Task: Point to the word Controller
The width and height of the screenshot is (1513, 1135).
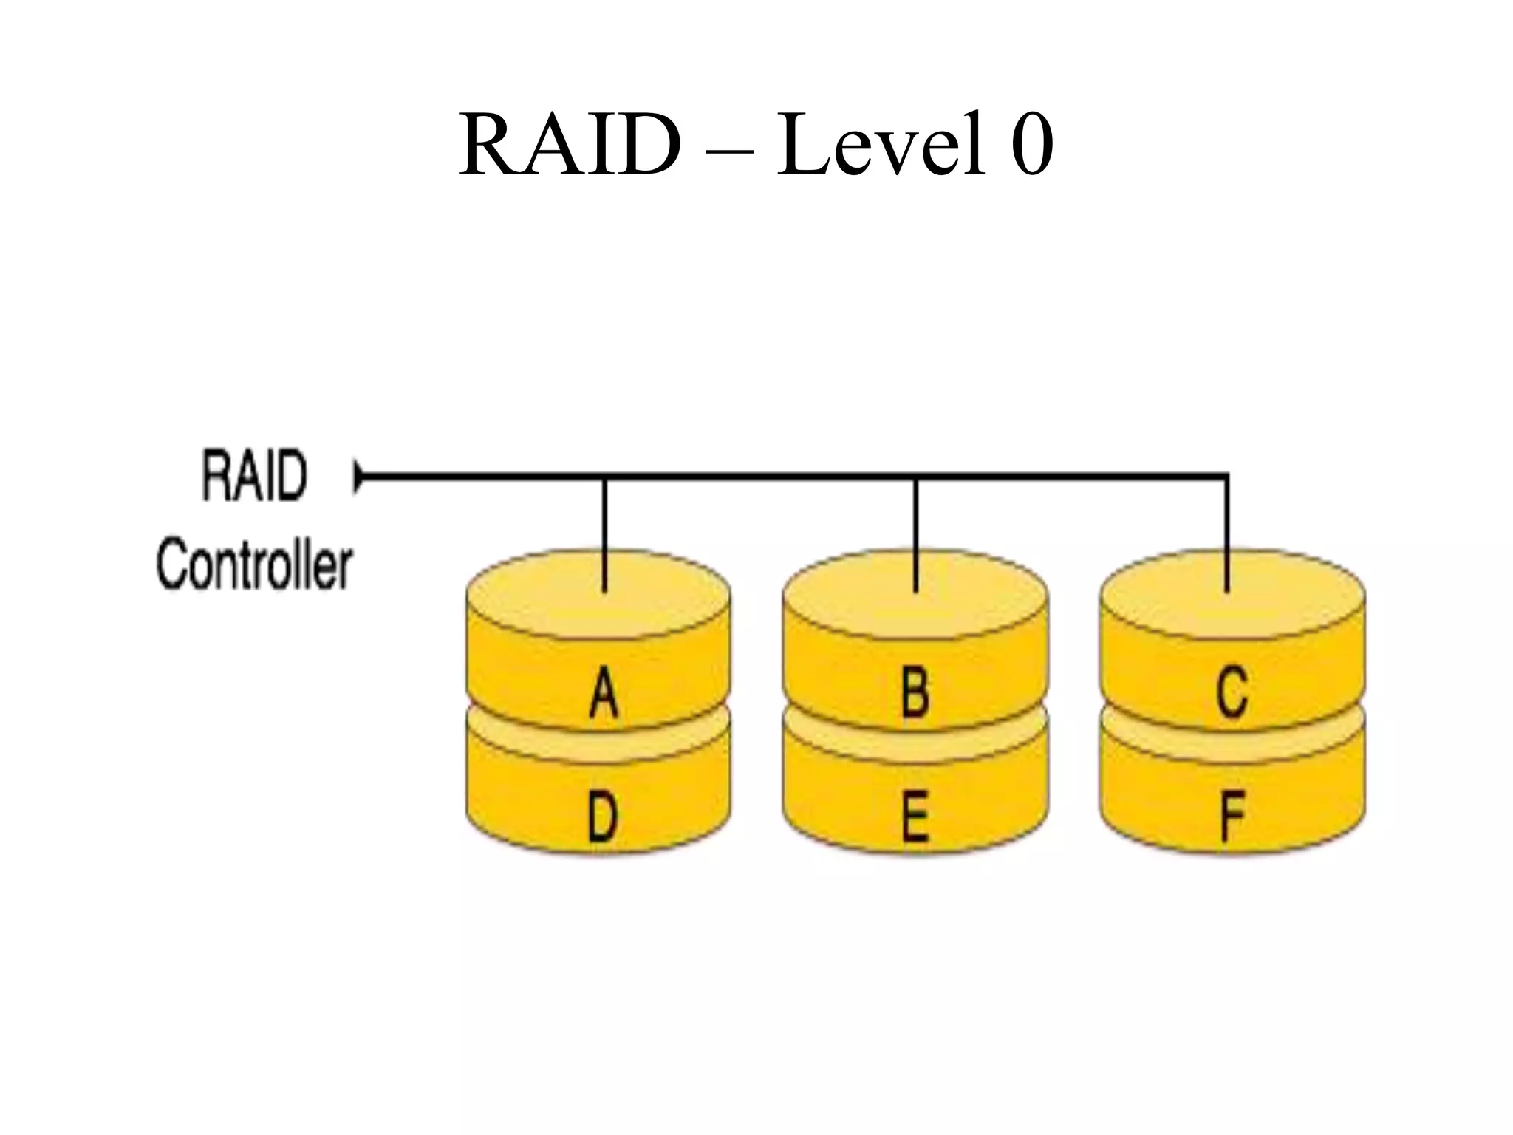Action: click(254, 565)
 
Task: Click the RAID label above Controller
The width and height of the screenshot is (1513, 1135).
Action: click(254, 477)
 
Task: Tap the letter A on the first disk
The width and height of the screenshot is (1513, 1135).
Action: click(604, 692)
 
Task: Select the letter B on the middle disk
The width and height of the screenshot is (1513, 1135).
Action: click(915, 692)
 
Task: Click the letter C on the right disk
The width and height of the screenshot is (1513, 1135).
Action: click(1232, 692)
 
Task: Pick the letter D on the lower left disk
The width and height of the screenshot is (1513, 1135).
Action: click(602, 817)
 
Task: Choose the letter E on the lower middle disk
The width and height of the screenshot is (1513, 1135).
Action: click(915, 817)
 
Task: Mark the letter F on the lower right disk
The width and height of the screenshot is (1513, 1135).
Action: click(1232, 817)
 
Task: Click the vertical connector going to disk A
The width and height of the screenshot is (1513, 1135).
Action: click(604, 536)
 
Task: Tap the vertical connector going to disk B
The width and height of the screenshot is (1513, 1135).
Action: click(915, 536)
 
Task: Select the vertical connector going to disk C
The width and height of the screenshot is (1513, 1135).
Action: click(1227, 536)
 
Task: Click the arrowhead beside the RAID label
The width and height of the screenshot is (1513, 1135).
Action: click(359, 477)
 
